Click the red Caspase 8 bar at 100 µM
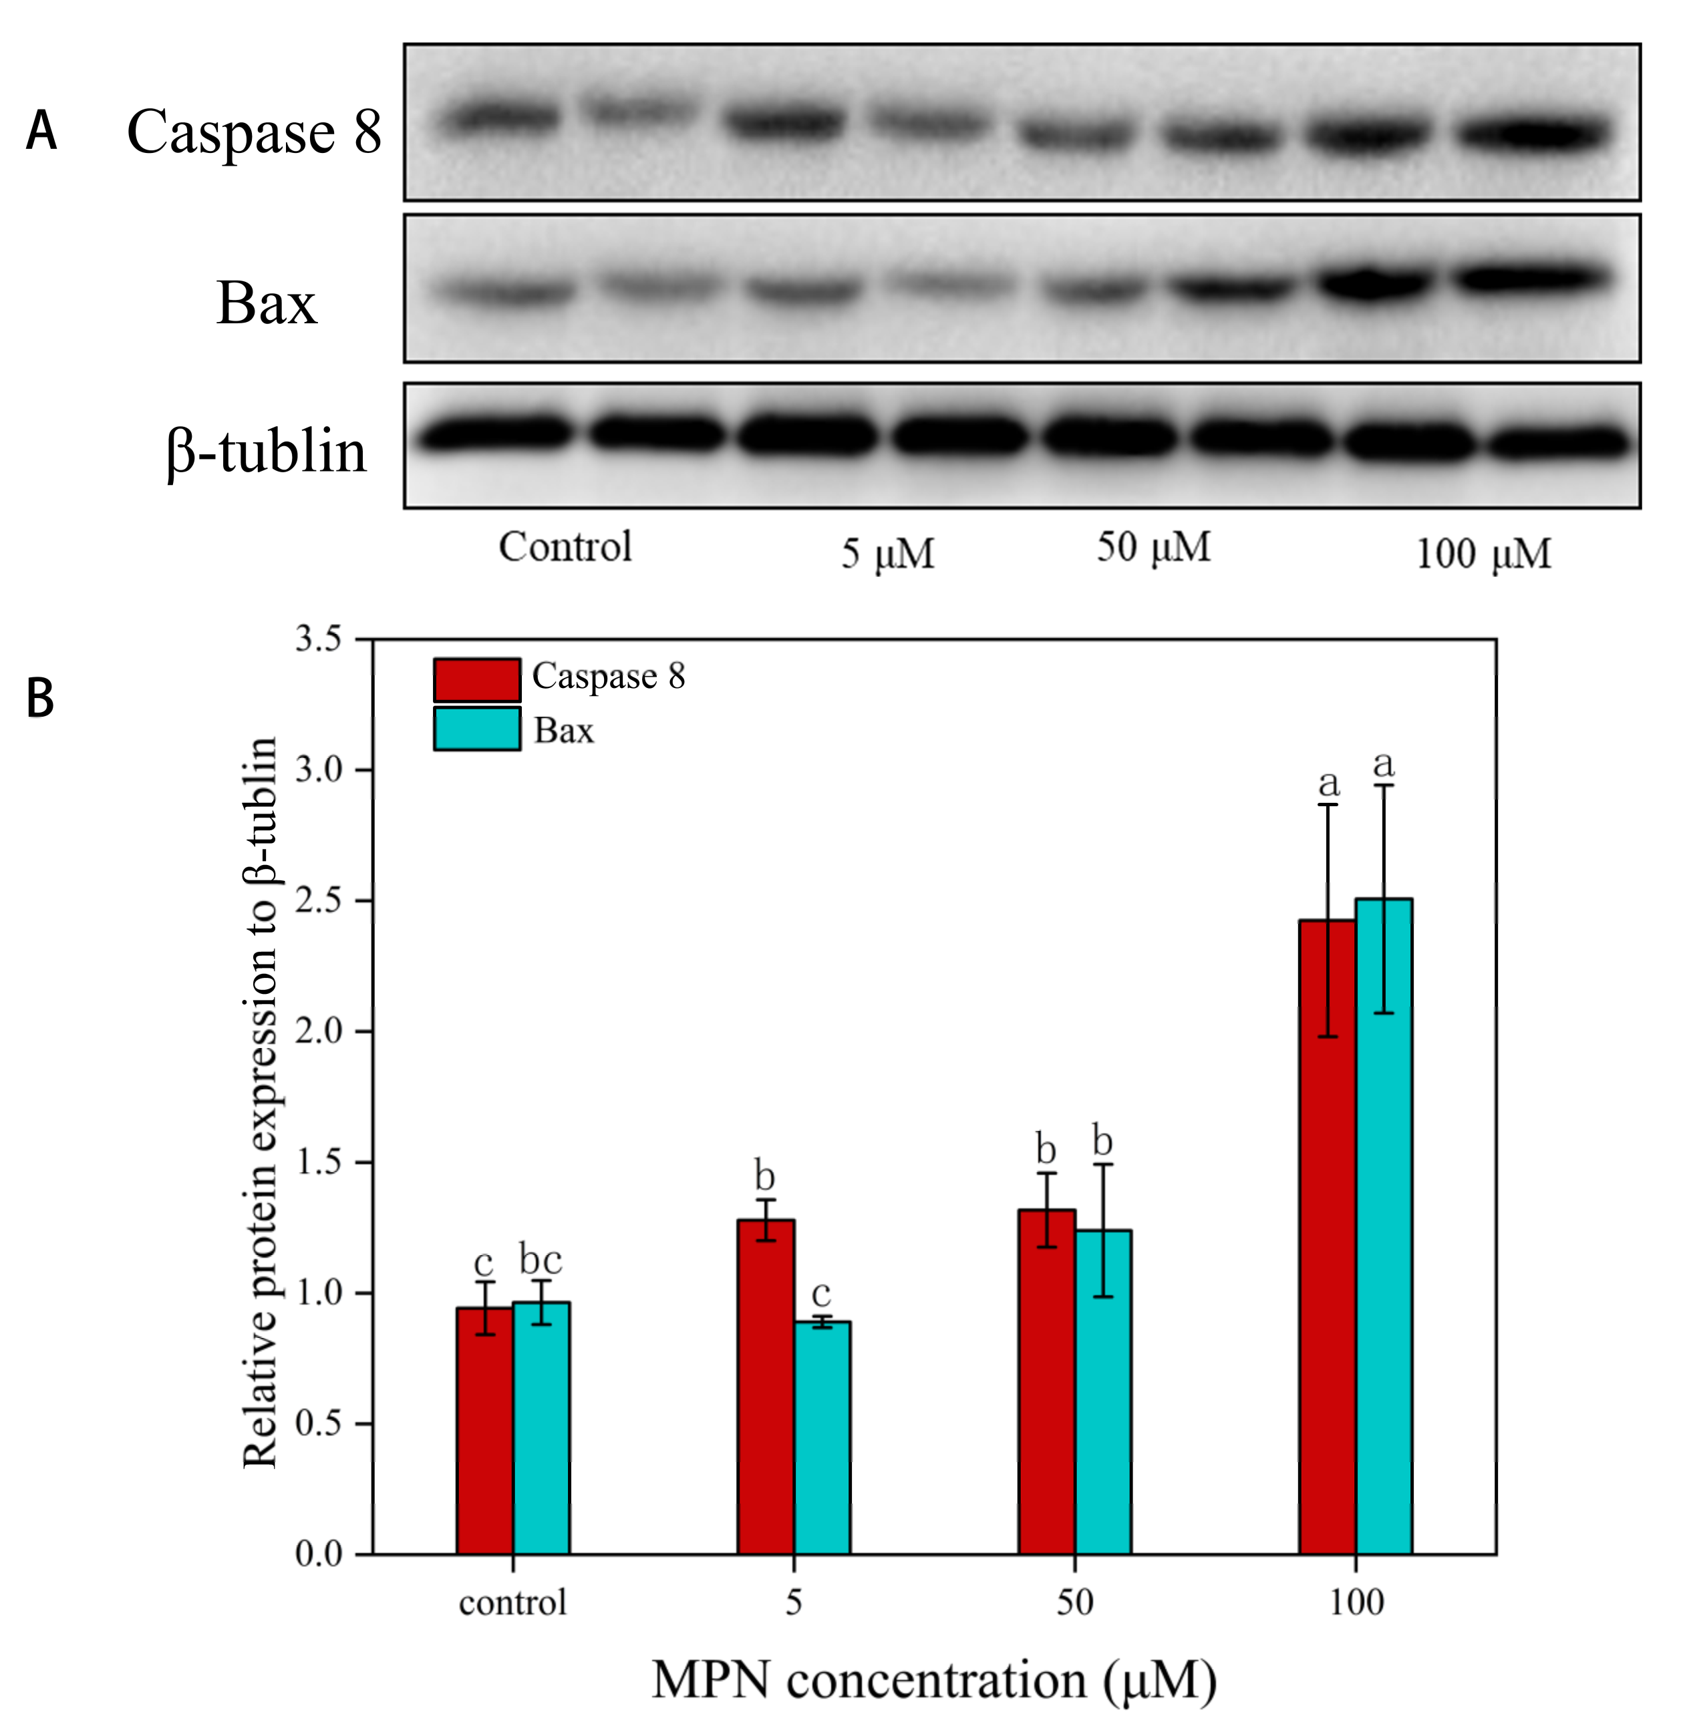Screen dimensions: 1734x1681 tap(1327, 1238)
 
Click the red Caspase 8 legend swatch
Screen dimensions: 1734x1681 tap(477, 679)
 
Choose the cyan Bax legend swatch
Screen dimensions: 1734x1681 tap(477, 729)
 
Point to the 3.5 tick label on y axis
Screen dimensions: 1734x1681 tap(319, 639)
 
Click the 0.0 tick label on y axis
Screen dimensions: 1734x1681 tap(319, 1554)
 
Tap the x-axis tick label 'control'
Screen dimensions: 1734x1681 tap(512, 1603)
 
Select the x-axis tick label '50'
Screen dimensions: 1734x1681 tap(1075, 1603)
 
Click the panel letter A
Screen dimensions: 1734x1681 tap(41, 131)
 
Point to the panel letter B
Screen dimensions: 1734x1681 tap(41, 698)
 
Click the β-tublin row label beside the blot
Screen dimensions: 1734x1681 tap(265, 451)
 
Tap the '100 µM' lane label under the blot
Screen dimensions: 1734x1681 tap(1484, 554)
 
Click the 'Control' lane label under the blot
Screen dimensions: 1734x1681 tap(565, 547)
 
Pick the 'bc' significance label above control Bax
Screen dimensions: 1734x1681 tap(541, 1259)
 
